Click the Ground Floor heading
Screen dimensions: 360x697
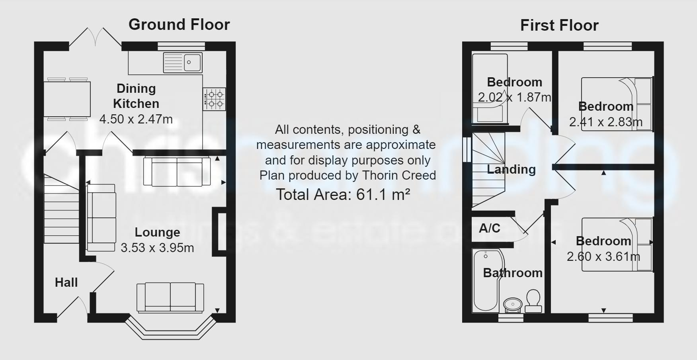(179, 25)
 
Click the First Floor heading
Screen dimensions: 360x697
(559, 25)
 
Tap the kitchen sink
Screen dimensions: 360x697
(183, 63)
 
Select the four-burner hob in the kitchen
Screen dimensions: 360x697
(214, 99)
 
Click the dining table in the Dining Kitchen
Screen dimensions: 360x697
(67, 99)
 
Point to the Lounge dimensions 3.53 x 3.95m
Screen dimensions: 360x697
(157, 248)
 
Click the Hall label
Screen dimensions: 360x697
(66, 282)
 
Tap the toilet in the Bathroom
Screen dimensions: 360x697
(533, 301)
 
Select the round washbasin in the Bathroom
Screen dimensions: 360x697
(513, 305)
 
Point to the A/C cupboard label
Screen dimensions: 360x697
(490, 228)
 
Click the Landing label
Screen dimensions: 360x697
(511, 169)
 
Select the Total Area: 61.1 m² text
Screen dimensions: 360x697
(343, 195)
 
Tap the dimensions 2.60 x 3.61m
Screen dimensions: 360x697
(603, 256)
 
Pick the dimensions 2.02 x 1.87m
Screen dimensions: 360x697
(514, 97)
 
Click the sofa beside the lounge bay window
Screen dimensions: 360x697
(170, 297)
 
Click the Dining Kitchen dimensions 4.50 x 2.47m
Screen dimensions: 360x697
(136, 119)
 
